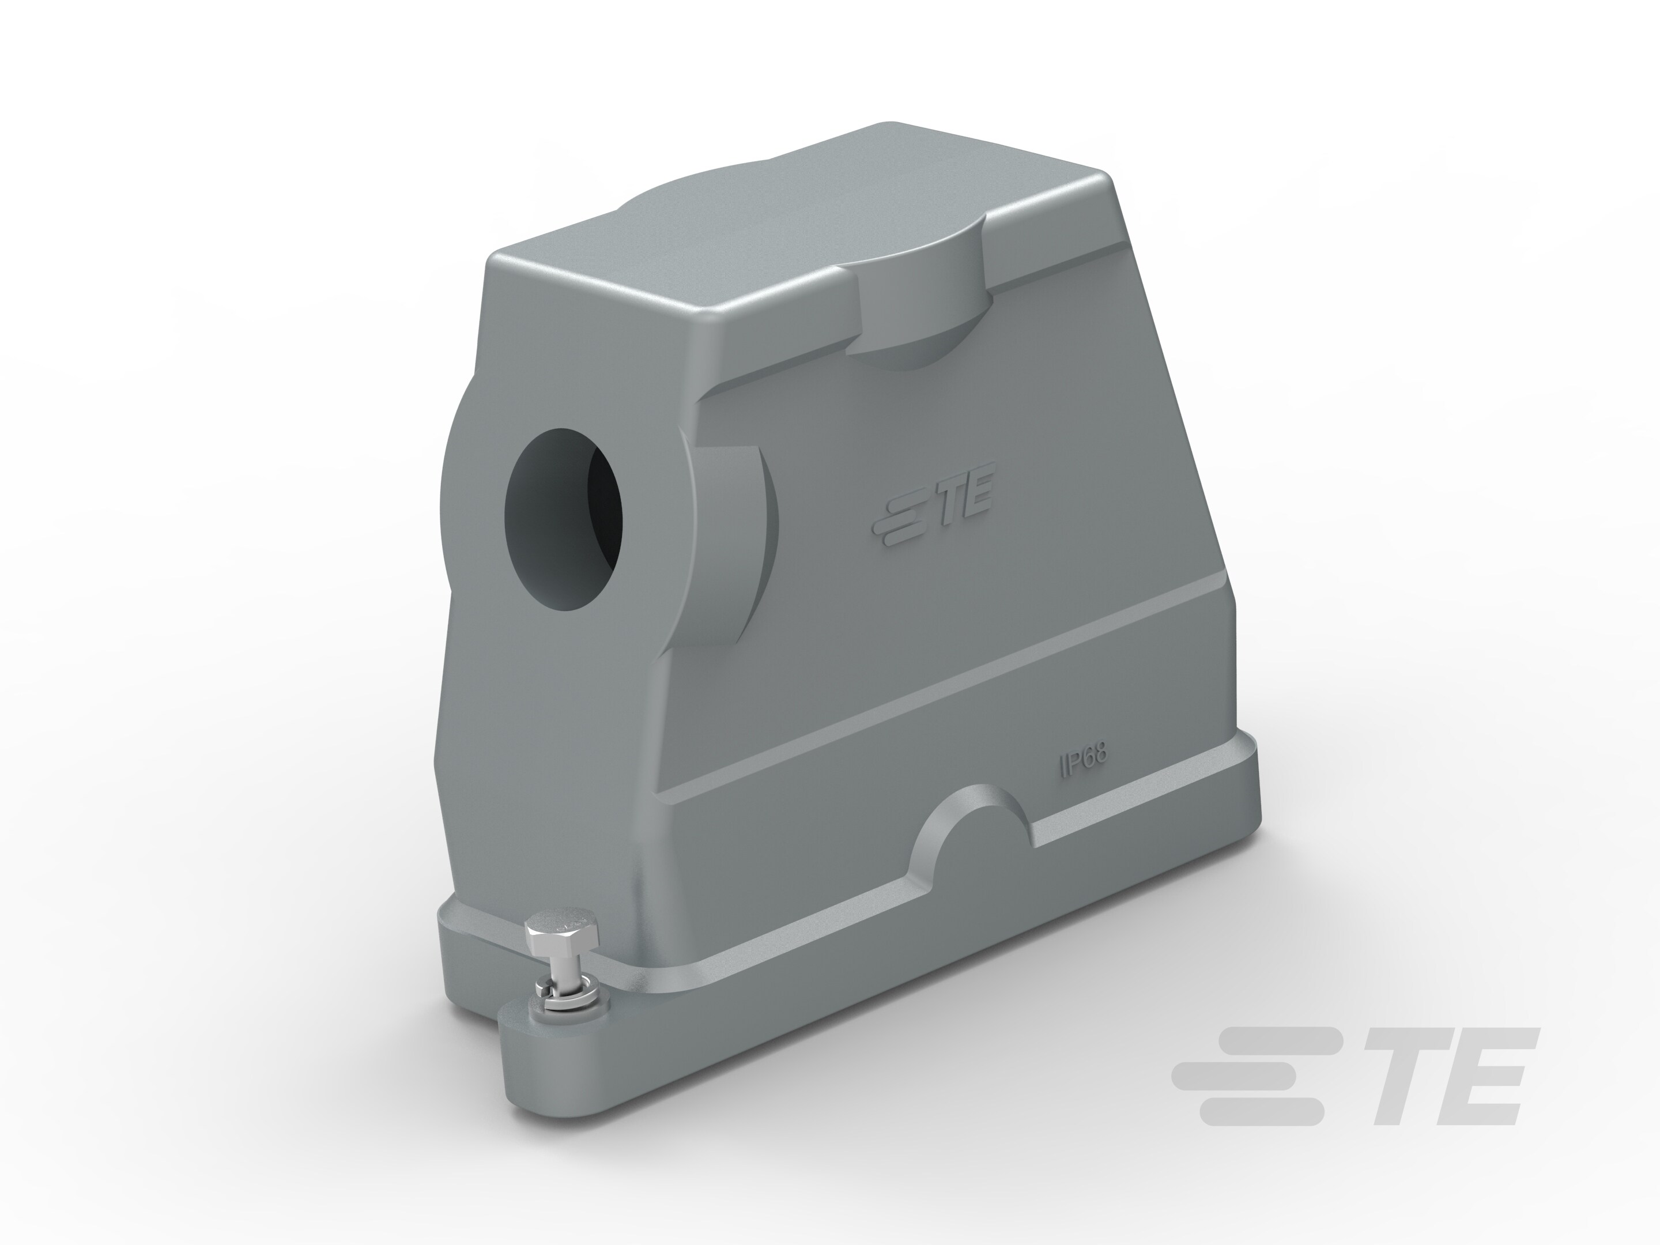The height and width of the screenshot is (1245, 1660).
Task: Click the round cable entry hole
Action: coord(564,518)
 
